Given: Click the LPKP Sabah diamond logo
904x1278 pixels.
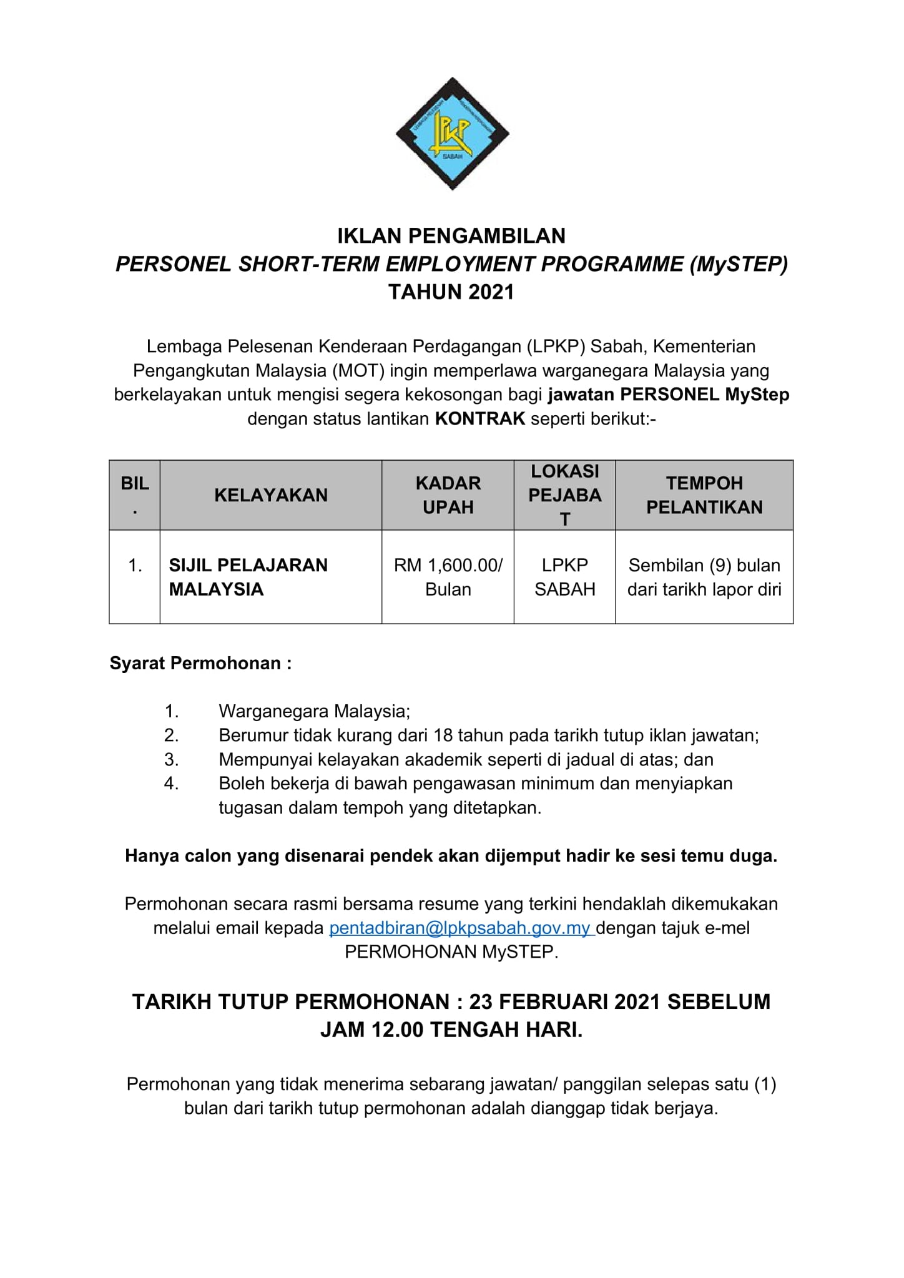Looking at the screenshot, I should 452,134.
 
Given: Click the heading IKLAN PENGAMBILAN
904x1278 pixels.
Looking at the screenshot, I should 451,236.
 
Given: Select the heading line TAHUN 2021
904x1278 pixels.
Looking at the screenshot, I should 451,292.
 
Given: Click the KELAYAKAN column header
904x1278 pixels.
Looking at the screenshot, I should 270,495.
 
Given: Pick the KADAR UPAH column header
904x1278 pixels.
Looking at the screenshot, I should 448,495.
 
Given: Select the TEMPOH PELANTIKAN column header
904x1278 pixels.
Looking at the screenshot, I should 704,495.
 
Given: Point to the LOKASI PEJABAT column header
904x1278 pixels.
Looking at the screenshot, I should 564,495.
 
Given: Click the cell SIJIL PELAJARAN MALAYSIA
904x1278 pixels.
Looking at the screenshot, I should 248,577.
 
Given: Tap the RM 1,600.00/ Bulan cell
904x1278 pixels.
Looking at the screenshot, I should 448,577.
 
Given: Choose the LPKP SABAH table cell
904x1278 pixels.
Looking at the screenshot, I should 564,577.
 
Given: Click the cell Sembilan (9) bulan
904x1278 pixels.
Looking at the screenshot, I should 704,577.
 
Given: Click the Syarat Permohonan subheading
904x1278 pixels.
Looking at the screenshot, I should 200,663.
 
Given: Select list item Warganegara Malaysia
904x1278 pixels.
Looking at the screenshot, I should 314,711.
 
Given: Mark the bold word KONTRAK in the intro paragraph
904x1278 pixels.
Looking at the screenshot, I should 479,419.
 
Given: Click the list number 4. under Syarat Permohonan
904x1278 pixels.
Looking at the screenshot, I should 172,784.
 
